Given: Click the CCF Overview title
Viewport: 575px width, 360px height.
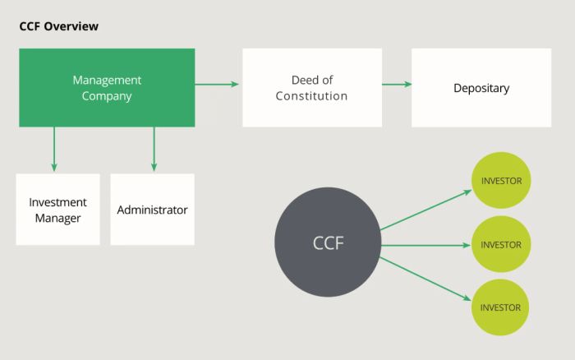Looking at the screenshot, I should [58, 26].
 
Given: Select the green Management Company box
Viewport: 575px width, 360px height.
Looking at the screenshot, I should [107, 87].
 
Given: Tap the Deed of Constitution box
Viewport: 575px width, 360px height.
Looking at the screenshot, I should [311, 87].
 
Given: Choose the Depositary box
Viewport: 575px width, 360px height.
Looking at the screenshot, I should [481, 87].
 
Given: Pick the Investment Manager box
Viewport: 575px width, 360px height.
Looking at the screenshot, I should [57, 209].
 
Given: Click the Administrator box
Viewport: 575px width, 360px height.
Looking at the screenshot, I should [152, 209].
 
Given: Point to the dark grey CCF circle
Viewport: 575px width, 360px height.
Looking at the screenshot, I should [327, 243].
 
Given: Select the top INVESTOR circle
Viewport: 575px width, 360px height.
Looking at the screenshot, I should [501, 181].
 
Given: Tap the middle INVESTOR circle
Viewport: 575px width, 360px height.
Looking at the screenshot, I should [501, 244].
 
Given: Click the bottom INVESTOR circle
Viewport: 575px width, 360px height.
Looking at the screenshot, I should [501, 307].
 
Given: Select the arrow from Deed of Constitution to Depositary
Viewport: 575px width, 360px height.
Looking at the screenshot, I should [397, 84].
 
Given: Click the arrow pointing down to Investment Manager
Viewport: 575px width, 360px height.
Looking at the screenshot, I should [54, 149].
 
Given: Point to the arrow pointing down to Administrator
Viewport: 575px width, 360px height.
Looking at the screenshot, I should [154, 149].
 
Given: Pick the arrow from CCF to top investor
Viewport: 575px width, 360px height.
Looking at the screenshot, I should [425, 210].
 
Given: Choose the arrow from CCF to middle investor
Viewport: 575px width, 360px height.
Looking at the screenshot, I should [425, 244].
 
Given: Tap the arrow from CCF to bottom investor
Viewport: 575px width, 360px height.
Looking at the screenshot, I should [425, 278].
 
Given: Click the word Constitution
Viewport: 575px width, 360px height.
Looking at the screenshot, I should [311, 96].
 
